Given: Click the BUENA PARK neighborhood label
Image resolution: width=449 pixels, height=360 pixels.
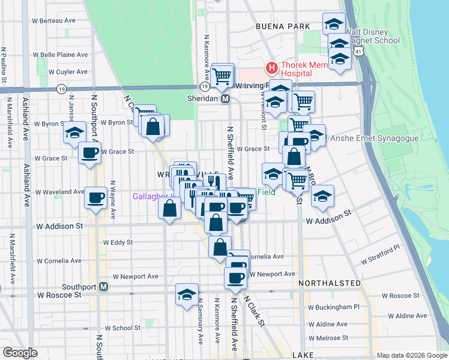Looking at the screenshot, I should pyautogui.click(x=283, y=26).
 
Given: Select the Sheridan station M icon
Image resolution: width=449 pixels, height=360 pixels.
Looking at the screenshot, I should pyautogui.click(x=226, y=99).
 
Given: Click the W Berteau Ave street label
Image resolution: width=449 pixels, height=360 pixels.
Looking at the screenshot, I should pyautogui.click(x=54, y=20).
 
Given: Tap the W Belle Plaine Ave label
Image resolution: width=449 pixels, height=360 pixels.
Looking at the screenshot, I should pyautogui.click(x=60, y=55).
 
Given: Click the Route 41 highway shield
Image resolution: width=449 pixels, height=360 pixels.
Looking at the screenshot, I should pyautogui.click(x=358, y=53).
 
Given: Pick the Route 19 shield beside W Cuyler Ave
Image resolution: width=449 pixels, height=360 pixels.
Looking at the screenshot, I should pyautogui.click(x=61, y=89).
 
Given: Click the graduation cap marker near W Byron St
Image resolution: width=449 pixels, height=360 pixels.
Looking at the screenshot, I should pyautogui.click(x=74, y=132).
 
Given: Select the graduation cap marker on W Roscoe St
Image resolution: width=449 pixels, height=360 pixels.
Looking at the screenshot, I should pyautogui.click(x=187, y=294).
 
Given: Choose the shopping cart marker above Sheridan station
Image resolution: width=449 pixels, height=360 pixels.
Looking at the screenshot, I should pyautogui.click(x=223, y=76).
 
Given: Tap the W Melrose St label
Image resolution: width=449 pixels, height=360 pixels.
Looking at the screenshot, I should pyautogui.click(x=327, y=338).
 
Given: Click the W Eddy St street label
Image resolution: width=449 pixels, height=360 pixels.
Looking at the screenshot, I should pyautogui.click(x=118, y=242).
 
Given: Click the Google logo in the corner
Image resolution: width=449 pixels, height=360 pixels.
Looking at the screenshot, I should pyautogui.click(x=20, y=353).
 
